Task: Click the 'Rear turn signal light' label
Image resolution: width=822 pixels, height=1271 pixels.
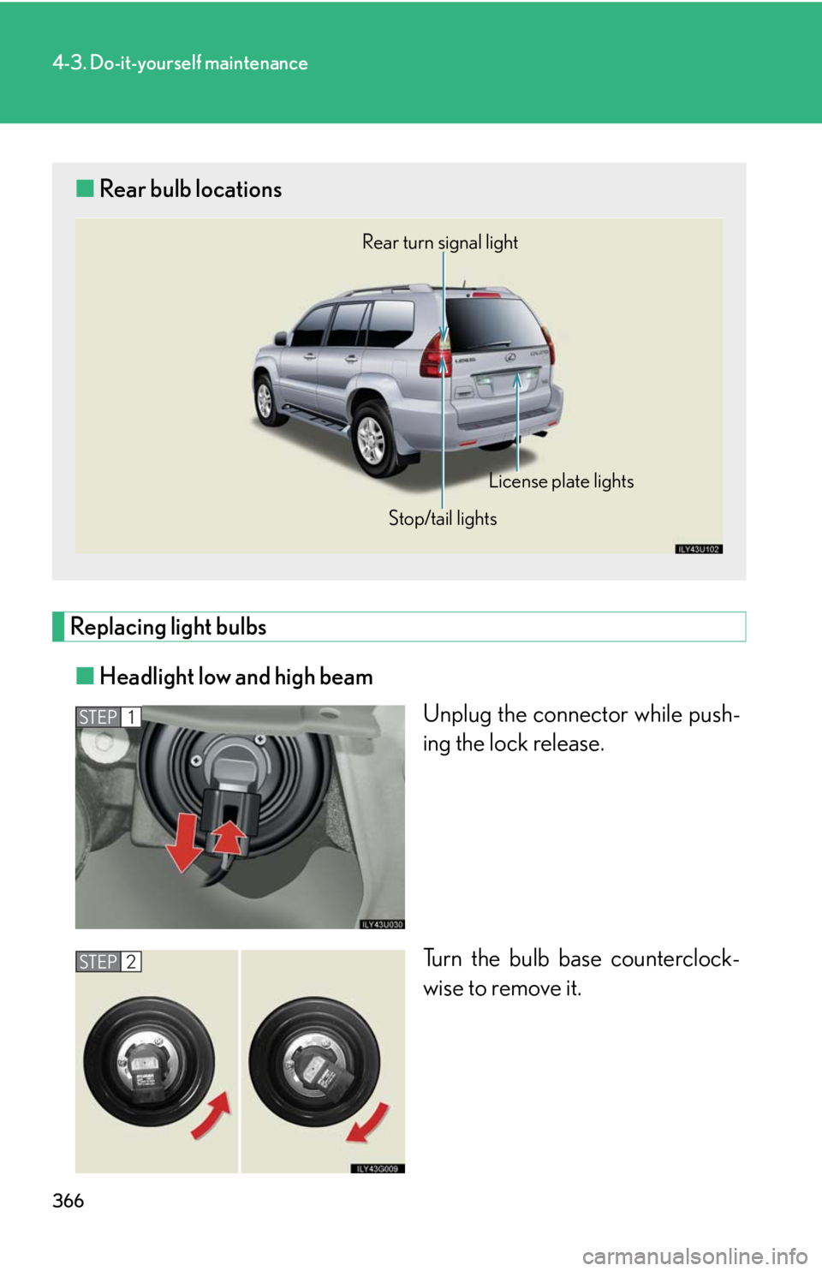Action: coord(439,242)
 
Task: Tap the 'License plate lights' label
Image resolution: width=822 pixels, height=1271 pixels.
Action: coord(561,481)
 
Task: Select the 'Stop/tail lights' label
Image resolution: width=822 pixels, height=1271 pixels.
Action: coord(443,518)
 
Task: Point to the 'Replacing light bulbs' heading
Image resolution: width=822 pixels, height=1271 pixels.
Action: coord(168,627)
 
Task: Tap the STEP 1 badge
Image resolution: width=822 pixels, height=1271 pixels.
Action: coord(108,717)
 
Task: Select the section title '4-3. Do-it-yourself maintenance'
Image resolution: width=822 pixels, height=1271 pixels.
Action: coord(180,63)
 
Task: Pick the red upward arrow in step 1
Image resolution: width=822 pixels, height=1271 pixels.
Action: coord(229,837)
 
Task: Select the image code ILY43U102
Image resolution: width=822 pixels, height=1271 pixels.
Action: coord(699,549)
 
